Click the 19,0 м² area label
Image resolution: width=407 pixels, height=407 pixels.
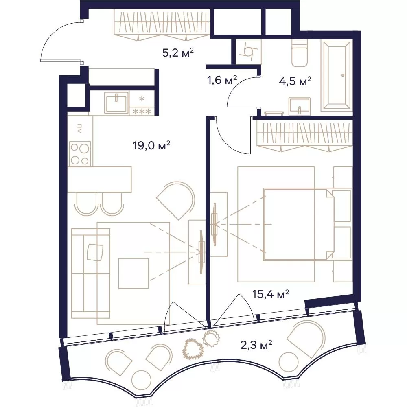[151, 145]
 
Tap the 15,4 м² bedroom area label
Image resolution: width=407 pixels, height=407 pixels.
[271, 294]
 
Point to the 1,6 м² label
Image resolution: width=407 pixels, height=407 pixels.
[222, 80]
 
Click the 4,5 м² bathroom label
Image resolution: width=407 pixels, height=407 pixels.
[295, 81]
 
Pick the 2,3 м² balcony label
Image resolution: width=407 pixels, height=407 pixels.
[256, 346]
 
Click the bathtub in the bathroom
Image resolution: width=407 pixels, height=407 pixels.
[337, 76]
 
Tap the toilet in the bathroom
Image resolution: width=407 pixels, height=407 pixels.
[300, 53]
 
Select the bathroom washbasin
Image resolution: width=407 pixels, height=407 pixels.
[300, 106]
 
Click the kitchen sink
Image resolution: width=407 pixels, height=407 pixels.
[116, 103]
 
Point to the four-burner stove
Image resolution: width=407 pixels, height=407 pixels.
[80, 154]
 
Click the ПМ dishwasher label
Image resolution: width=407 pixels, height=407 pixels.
[79, 129]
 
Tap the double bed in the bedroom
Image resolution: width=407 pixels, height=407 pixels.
[298, 224]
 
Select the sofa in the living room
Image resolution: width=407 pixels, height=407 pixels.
[90, 274]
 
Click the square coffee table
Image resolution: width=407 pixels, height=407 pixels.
[133, 273]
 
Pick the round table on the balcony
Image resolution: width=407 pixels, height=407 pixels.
[142, 381]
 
